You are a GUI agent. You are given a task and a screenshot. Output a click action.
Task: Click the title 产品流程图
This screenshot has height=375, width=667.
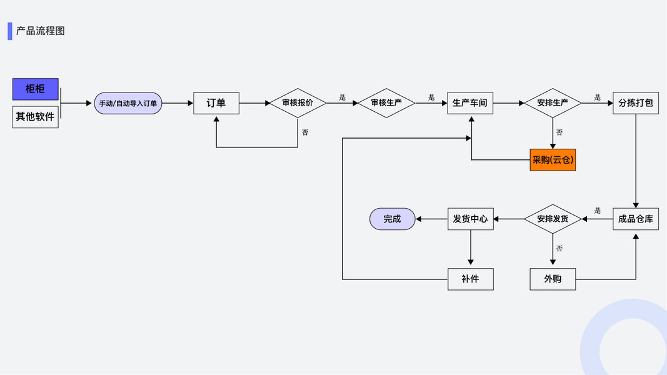41,31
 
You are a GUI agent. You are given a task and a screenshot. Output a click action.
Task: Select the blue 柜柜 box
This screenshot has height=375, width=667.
35,89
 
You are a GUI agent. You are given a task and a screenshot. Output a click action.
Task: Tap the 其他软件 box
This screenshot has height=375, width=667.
35,117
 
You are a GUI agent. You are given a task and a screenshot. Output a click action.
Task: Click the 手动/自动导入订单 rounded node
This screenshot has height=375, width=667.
128,103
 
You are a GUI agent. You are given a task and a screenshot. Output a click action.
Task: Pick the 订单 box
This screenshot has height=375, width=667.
216,103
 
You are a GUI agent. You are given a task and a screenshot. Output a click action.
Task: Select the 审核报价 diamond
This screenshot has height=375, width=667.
298,103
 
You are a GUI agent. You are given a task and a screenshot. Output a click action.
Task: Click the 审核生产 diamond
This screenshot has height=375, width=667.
386,103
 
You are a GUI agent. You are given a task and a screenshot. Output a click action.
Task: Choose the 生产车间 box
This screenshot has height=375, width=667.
470,103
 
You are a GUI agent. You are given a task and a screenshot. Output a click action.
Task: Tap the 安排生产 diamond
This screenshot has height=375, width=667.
553,103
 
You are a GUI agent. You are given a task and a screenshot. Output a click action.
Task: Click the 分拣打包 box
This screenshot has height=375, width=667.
636,103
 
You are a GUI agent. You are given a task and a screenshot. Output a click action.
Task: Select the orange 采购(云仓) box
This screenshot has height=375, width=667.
553,160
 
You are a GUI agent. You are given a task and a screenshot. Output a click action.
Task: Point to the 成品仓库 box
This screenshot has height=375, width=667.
636,219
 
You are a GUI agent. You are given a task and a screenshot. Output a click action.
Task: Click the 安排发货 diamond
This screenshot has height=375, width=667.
553,219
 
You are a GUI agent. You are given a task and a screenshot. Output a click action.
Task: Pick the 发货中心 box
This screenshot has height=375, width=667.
470,219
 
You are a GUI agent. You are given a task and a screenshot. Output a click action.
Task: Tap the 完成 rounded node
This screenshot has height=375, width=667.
392,219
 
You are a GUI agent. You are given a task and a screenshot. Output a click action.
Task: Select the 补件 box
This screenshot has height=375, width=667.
470,279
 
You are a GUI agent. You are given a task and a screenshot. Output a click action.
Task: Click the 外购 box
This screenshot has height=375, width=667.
553,279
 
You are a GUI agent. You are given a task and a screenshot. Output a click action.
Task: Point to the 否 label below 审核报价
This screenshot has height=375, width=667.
305,132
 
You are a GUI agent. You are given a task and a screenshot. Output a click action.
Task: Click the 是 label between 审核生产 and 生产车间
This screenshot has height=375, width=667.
431,97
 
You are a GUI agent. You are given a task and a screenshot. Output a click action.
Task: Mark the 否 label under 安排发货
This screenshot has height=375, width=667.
559,249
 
